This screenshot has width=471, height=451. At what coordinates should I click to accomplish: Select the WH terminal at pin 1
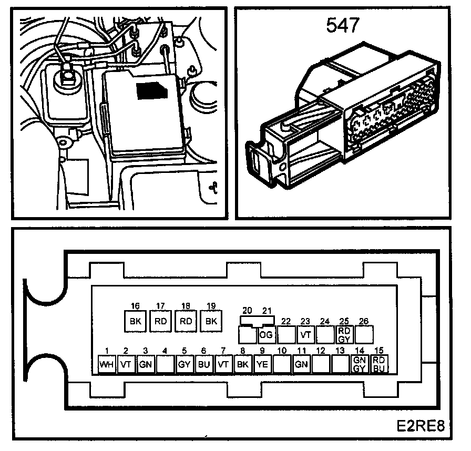[107, 364]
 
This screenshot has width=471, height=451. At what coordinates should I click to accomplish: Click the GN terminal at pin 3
[146, 364]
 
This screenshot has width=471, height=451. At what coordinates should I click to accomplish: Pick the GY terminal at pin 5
[184, 364]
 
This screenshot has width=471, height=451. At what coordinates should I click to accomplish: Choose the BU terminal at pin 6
[203, 364]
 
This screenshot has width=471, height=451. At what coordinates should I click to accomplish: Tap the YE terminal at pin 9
[262, 364]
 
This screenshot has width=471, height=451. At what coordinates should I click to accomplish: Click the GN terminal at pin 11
[301, 364]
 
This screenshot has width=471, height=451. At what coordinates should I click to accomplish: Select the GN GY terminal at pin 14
[359, 364]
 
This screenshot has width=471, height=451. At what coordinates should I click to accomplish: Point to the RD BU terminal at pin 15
[378, 364]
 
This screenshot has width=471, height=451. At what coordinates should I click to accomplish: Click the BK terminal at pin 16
[135, 321]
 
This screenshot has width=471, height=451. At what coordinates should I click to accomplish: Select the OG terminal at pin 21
[267, 334]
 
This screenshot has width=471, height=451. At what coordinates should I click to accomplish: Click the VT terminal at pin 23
[305, 334]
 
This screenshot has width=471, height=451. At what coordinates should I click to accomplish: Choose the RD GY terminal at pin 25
[344, 334]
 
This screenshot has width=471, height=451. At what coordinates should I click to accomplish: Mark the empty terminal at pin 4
[165, 364]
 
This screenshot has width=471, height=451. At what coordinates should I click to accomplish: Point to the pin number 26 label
[363, 321]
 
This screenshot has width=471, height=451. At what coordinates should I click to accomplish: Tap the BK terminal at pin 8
[242, 364]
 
